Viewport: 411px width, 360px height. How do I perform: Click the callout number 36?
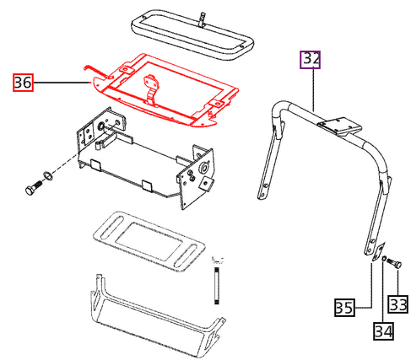[22, 83]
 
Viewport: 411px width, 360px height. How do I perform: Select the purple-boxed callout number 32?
[311, 59]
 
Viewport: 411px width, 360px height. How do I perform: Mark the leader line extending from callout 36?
[59, 82]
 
